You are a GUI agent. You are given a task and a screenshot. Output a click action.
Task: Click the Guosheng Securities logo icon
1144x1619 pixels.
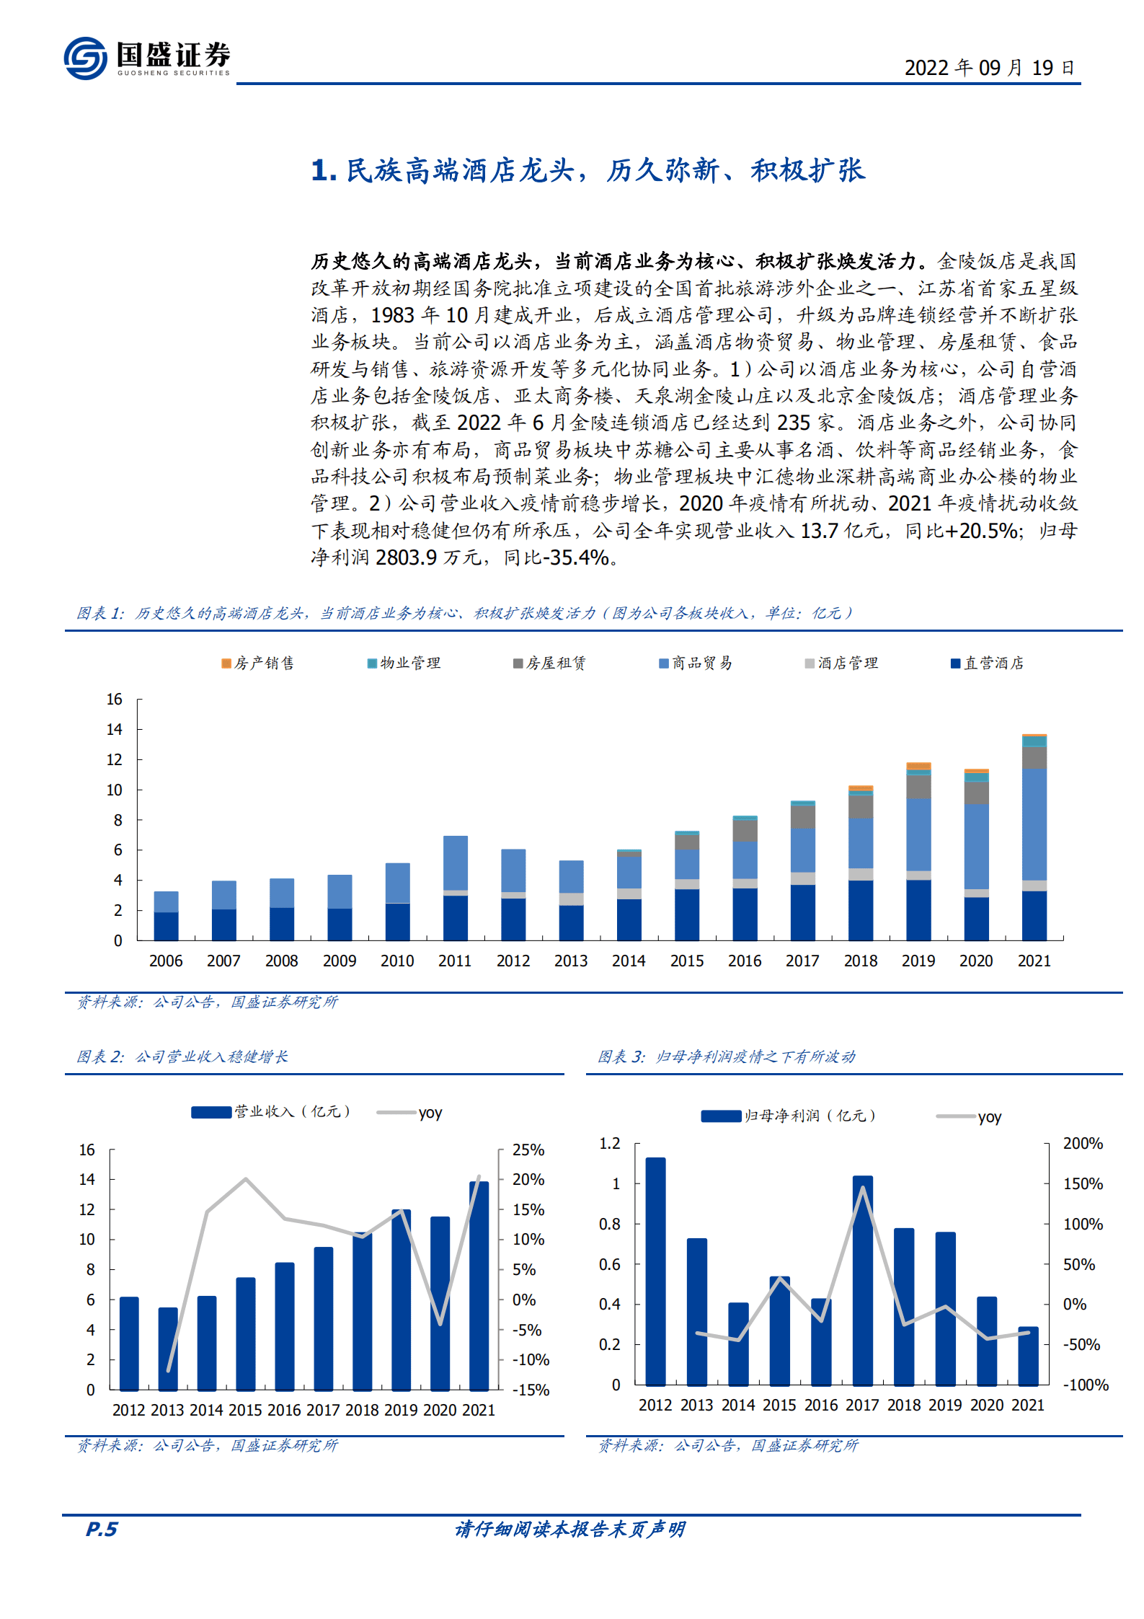pyautogui.click(x=85, y=58)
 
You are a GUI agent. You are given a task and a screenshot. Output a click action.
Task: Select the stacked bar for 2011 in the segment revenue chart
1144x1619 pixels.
pyautogui.click(x=455, y=888)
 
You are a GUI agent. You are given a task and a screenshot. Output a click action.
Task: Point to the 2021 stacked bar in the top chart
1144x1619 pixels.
pyautogui.click(x=1034, y=837)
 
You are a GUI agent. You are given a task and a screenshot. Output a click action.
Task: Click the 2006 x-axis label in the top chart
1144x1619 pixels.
pyautogui.click(x=166, y=961)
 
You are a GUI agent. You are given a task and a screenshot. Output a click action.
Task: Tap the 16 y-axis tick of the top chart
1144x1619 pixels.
pyautogui.click(x=115, y=699)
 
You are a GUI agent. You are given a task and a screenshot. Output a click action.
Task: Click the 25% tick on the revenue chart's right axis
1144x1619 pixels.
pyautogui.click(x=528, y=1150)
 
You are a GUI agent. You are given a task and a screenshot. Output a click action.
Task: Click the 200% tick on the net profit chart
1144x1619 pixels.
pyautogui.click(x=1082, y=1143)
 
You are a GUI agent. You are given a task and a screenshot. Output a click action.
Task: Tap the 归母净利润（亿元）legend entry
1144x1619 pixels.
pyautogui.click(x=789, y=1116)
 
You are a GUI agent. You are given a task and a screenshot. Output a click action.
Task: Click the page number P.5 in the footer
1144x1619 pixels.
pyautogui.click(x=102, y=1529)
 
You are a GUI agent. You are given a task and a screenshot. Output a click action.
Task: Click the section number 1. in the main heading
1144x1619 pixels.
pyautogui.click(x=324, y=171)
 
